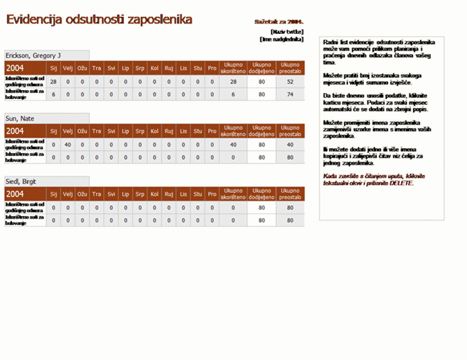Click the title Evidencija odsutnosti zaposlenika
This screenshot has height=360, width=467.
tap(99, 20)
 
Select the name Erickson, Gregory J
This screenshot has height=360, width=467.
tap(33, 55)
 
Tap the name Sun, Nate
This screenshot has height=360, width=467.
tap(20, 118)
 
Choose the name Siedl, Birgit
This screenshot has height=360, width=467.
tap(23, 181)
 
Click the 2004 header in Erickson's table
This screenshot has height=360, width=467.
tap(15, 68)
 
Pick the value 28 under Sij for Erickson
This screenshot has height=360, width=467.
tap(53, 82)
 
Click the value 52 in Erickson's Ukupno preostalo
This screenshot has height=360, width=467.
tap(289, 82)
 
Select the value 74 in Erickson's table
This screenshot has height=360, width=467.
tap(289, 94)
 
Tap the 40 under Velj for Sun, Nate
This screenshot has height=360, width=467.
tap(68, 145)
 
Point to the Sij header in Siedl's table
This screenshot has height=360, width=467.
tap(53, 194)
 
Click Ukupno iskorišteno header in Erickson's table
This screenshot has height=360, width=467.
tap(233, 68)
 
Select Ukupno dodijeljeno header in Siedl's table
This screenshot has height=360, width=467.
tap(262, 194)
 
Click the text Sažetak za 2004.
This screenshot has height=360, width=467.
tap(279, 22)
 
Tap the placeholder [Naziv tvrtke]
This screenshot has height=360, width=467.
tap(286, 32)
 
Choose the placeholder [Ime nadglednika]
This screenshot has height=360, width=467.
tap(282, 39)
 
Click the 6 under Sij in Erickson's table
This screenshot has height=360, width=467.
tap(53, 94)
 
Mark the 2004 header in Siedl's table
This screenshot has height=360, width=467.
tap(15, 194)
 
